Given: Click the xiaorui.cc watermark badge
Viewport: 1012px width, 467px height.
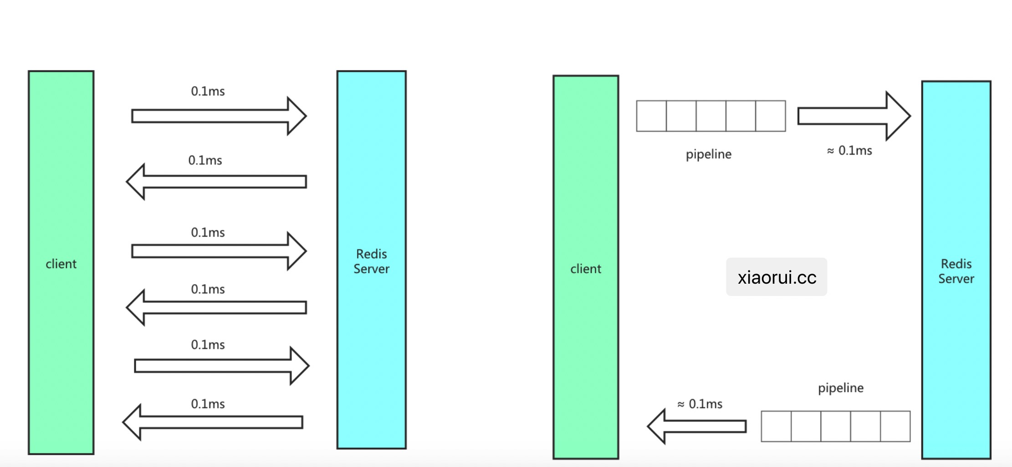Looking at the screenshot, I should (x=776, y=277).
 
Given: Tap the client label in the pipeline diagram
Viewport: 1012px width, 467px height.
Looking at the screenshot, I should (x=586, y=269).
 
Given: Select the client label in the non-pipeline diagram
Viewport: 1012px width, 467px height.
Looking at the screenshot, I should (x=61, y=264).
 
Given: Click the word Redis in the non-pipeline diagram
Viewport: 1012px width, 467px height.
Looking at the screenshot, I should (x=372, y=254).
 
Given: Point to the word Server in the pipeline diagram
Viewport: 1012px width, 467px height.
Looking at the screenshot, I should (x=956, y=279).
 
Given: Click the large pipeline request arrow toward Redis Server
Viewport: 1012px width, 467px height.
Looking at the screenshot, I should (x=847, y=116).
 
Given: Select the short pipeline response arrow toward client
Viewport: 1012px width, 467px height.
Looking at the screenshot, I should (x=697, y=426).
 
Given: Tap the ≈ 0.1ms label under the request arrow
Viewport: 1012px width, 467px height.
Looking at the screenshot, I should (x=849, y=150).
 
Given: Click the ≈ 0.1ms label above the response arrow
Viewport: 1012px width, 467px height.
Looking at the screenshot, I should (x=700, y=404).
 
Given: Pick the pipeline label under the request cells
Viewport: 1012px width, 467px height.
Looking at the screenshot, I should (x=709, y=154).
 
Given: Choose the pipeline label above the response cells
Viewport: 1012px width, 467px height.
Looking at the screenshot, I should (x=841, y=388).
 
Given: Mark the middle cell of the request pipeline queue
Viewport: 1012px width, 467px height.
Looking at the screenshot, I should (x=711, y=116).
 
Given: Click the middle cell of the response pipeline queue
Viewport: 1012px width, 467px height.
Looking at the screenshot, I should (x=836, y=426).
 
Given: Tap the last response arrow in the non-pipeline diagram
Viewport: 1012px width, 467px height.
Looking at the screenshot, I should (x=213, y=422).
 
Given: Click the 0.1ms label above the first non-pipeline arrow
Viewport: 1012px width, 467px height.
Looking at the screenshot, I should (x=208, y=91).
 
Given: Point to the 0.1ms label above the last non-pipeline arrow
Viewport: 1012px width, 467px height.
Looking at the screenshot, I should (x=208, y=404).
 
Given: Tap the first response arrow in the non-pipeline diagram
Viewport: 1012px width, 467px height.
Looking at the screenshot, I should (x=216, y=182).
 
